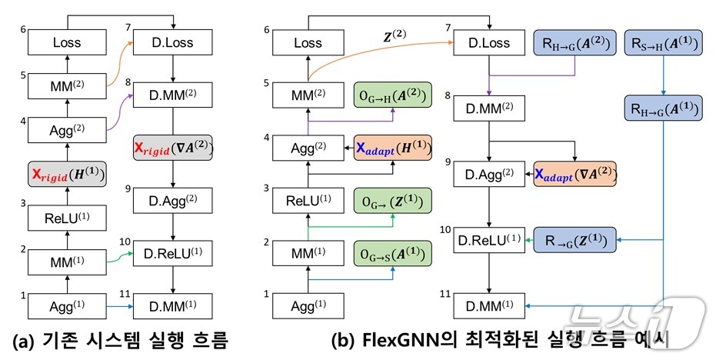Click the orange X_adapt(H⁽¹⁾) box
click(x=393, y=148)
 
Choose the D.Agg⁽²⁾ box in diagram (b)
click(x=486, y=175)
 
